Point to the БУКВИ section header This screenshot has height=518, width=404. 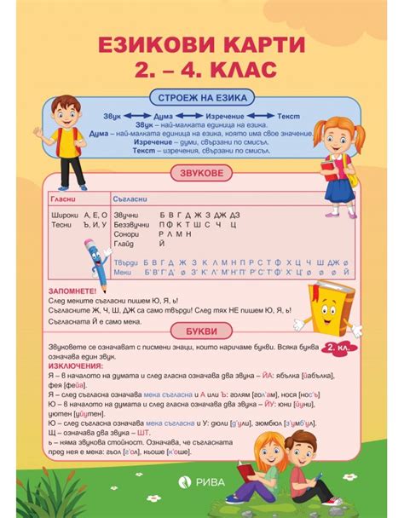[200, 330]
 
